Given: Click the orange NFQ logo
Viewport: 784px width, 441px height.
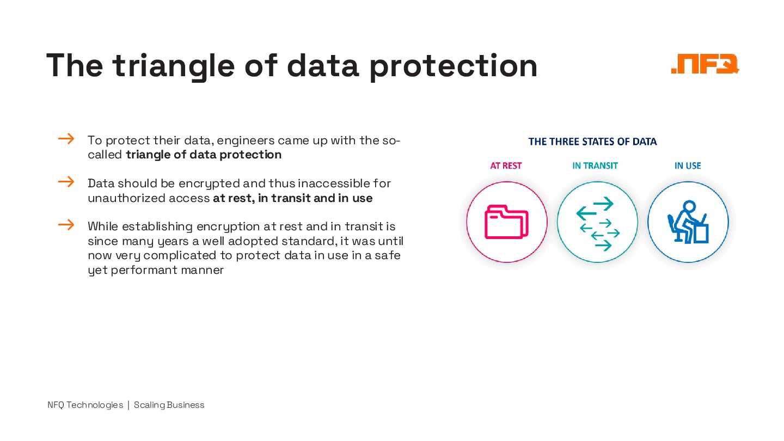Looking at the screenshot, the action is (x=705, y=64).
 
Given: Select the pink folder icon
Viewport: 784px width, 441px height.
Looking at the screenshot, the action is (x=506, y=222).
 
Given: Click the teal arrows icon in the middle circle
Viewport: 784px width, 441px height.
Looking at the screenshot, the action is (x=597, y=223).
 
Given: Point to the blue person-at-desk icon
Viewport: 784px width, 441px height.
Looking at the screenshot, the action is (x=688, y=222).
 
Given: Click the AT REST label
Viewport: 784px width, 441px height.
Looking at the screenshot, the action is (x=506, y=166).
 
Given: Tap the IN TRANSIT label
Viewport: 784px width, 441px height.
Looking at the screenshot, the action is (x=595, y=166).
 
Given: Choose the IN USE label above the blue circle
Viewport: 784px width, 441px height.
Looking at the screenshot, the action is (x=688, y=166).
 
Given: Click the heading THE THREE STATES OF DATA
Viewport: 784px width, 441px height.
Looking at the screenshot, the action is (x=592, y=142).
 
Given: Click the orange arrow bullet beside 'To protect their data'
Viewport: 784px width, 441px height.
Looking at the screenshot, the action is (x=66, y=139).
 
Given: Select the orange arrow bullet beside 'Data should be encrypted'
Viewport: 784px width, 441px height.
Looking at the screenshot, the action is (x=66, y=182).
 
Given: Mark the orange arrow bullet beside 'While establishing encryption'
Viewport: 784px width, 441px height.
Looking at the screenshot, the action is (x=66, y=225).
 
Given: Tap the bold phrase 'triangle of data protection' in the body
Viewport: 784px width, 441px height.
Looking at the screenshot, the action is (x=204, y=155).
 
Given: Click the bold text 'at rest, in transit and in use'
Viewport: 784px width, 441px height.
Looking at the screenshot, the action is (x=292, y=198).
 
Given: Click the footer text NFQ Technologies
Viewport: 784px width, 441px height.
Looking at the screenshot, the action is (x=85, y=405).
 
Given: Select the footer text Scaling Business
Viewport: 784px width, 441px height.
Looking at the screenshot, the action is (x=169, y=405).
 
